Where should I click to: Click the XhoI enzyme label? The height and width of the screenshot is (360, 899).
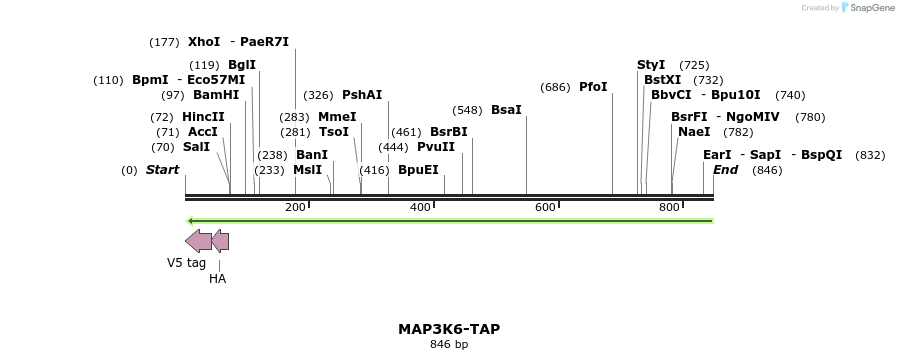pyautogui.click(x=204, y=42)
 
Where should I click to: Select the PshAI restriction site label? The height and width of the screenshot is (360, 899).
pyautogui.click(x=362, y=95)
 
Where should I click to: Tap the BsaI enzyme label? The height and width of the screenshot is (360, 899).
pyautogui.click(x=506, y=109)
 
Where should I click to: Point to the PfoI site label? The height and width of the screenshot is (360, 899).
pyautogui.click(x=593, y=87)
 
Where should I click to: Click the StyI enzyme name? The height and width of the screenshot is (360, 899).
pyautogui.click(x=651, y=65)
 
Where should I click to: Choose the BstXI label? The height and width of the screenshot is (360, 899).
pyautogui.click(x=662, y=80)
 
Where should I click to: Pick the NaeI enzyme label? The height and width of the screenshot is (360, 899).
pyautogui.click(x=694, y=132)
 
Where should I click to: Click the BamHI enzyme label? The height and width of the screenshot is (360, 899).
pyautogui.click(x=216, y=95)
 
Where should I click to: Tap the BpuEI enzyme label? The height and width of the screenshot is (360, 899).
pyautogui.click(x=418, y=170)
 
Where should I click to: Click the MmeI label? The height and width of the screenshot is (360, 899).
pyautogui.click(x=337, y=117)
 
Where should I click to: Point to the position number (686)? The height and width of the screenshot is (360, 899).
pyautogui.click(x=555, y=87)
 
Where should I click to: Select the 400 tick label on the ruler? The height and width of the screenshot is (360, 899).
pyautogui.click(x=420, y=207)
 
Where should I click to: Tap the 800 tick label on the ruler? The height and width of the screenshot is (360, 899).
pyautogui.click(x=669, y=207)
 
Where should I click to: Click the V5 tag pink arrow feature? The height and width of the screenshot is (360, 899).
pyautogui.click(x=198, y=241)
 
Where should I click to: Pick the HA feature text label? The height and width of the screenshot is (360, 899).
pyautogui.click(x=217, y=279)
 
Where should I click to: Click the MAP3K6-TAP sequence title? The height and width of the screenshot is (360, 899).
pyautogui.click(x=449, y=329)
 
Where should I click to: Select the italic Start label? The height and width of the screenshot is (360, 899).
pyautogui.click(x=162, y=170)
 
